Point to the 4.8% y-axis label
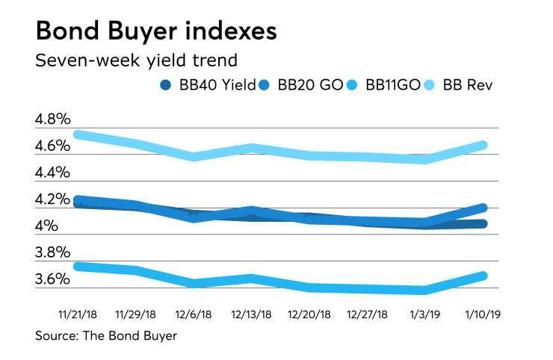[x=52, y=120]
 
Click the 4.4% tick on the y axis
[x=52, y=173]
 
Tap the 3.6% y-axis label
[x=52, y=279]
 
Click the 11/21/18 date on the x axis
[x=78, y=314]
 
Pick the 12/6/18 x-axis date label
[x=194, y=314]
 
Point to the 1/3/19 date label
[x=426, y=314]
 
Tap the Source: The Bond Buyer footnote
[x=106, y=336]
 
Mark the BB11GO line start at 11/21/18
[x=78, y=266]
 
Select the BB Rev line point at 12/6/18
[x=194, y=157]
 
